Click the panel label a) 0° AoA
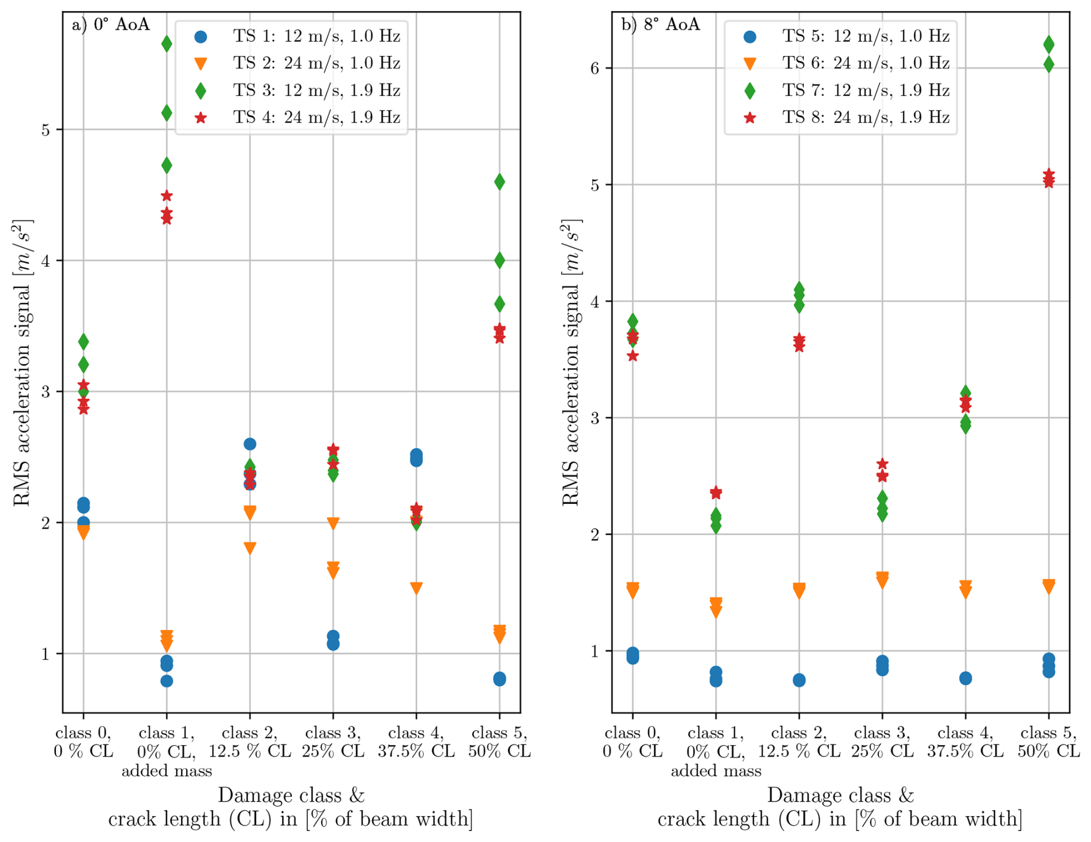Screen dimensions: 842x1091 tap(111, 25)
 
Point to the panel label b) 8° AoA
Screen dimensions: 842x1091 tap(660, 25)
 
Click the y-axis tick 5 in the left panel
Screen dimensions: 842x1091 tap(45, 130)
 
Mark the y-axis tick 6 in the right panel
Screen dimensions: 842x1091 tap(595, 68)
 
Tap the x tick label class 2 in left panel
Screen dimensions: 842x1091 tap(250, 742)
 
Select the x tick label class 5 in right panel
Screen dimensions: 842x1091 tap(1048, 742)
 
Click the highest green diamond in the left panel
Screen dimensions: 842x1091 tap(167, 44)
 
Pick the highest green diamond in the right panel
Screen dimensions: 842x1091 tap(1048, 44)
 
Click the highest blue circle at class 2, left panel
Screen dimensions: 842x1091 tap(250, 444)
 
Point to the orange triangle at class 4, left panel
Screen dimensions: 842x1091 tap(416, 588)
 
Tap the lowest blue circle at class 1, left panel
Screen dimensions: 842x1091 tap(167, 681)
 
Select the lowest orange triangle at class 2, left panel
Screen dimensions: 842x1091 tap(250, 548)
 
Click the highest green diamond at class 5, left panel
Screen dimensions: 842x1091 tap(499, 182)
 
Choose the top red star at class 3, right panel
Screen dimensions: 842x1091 tap(882, 464)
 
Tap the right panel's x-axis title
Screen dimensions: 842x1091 tap(840, 807)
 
